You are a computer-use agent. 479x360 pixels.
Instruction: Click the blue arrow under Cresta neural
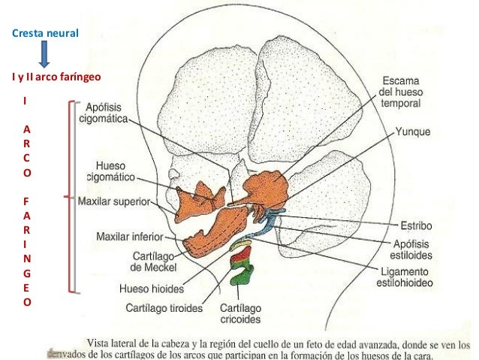point(44,54)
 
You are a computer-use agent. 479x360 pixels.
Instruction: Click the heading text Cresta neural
point(45,33)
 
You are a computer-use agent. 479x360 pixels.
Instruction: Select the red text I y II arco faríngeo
point(56,77)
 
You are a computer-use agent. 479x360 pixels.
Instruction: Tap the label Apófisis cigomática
point(104,113)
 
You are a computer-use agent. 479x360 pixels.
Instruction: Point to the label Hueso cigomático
point(111,171)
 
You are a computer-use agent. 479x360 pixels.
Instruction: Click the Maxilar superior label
point(114,201)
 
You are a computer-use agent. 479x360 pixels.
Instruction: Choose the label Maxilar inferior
point(130,237)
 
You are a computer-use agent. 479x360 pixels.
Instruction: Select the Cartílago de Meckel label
point(153,262)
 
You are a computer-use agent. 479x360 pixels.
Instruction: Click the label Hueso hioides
point(152,289)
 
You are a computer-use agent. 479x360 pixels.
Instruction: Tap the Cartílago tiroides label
point(164,307)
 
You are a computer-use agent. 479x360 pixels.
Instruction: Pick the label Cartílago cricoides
point(240,313)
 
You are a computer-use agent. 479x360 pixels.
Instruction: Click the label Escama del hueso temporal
point(401,92)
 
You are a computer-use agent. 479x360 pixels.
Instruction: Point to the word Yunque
point(413,132)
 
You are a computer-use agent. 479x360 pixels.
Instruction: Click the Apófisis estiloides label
point(411,250)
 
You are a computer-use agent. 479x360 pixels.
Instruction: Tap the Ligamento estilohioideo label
point(405,277)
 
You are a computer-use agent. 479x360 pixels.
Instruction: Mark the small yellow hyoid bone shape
point(240,244)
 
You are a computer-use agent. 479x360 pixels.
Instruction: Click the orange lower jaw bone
point(216,232)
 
